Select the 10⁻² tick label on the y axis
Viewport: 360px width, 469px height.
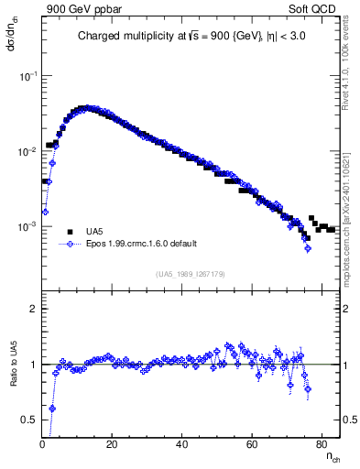pos(27,151)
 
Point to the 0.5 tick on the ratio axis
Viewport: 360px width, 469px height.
pos(29,420)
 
